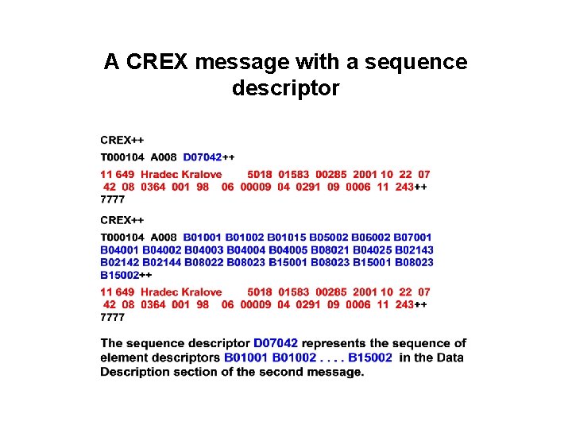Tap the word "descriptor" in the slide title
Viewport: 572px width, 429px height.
285,88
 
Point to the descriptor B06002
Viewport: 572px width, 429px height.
371,237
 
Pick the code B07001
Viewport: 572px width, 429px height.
413,237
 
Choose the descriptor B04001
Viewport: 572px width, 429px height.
120,249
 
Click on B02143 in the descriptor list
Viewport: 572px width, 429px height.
415,249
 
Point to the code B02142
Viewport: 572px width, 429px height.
120,262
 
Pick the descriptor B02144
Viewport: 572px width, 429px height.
162,262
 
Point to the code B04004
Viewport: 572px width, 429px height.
246,249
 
